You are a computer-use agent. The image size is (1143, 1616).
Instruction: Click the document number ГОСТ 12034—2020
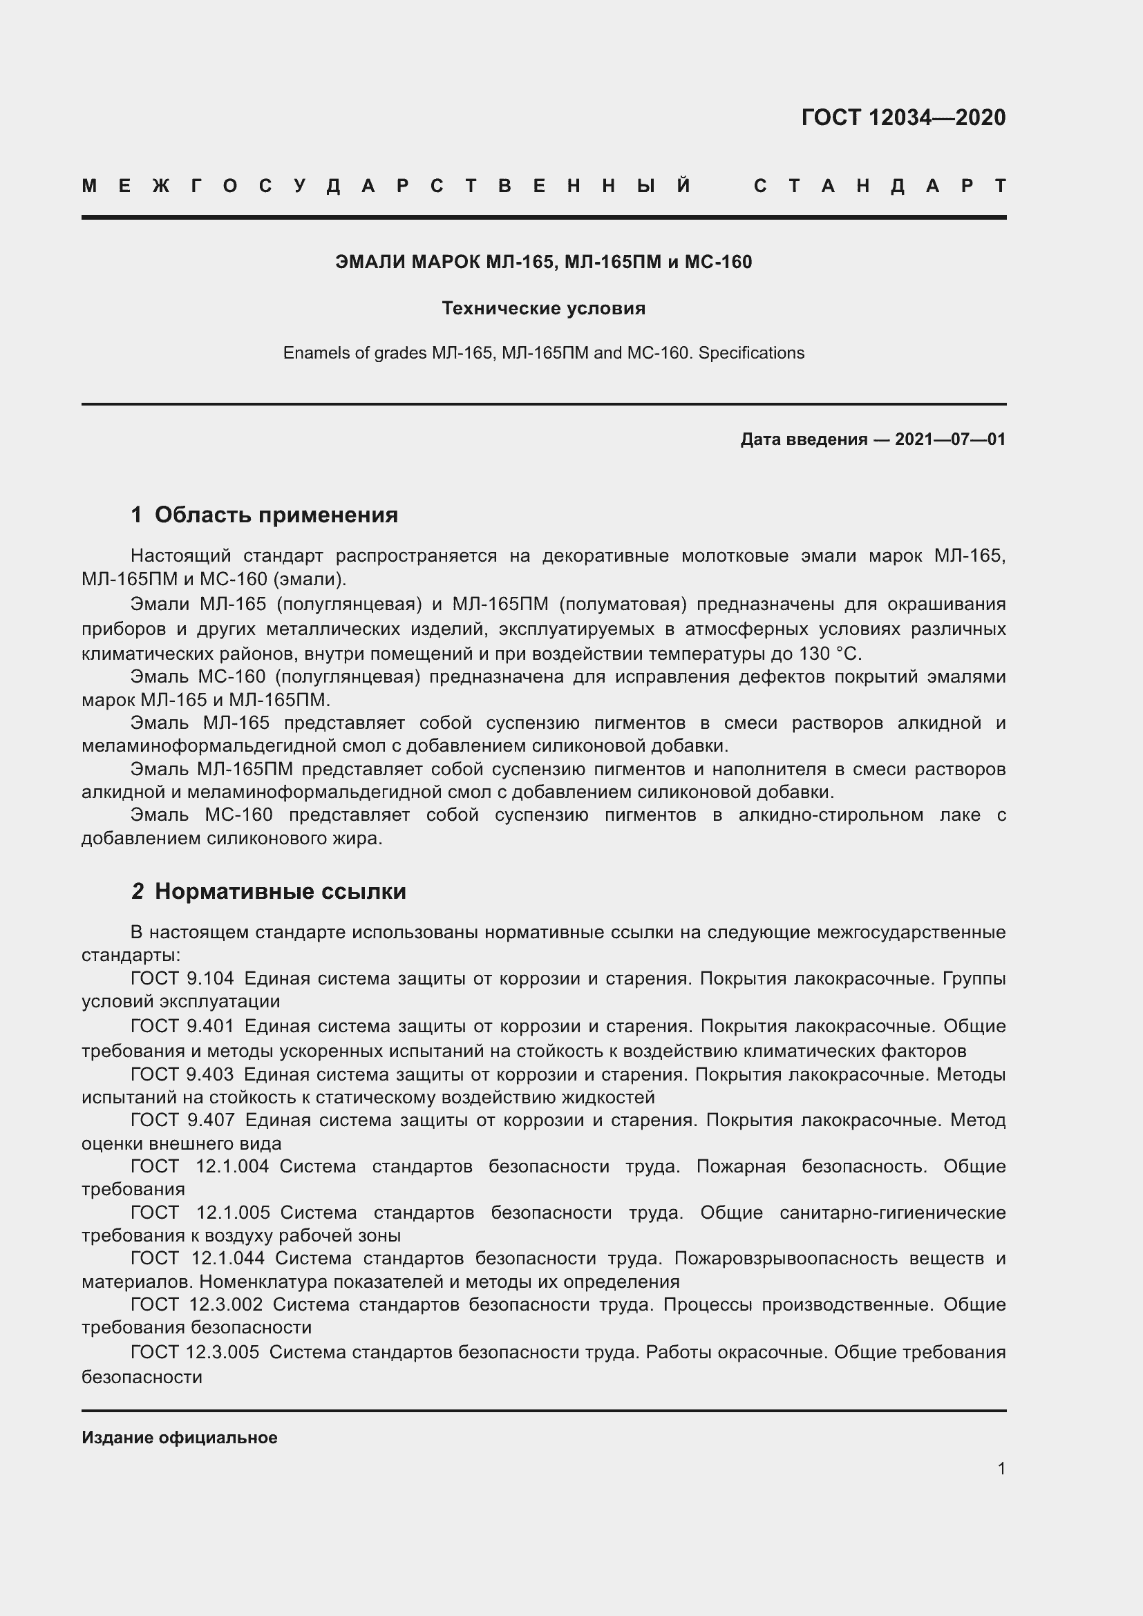[903, 117]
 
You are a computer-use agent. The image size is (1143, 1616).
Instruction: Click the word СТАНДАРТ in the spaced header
[880, 187]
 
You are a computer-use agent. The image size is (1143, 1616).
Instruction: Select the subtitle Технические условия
[543, 308]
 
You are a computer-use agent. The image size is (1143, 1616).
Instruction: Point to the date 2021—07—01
[950, 440]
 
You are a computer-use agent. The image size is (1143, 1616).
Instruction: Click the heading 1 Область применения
[264, 515]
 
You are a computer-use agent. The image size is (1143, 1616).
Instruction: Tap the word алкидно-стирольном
[831, 815]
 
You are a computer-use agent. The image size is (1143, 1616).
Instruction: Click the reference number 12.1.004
[232, 1166]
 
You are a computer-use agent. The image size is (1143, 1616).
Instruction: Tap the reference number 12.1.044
[227, 1257]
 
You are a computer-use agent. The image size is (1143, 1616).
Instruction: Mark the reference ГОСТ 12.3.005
[194, 1352]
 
